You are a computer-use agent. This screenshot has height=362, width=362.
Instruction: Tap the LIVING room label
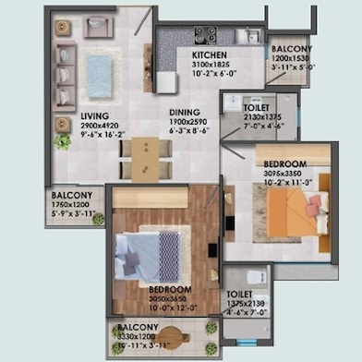pos(67,115)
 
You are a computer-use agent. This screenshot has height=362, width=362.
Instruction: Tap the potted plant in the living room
pos(62,141)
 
